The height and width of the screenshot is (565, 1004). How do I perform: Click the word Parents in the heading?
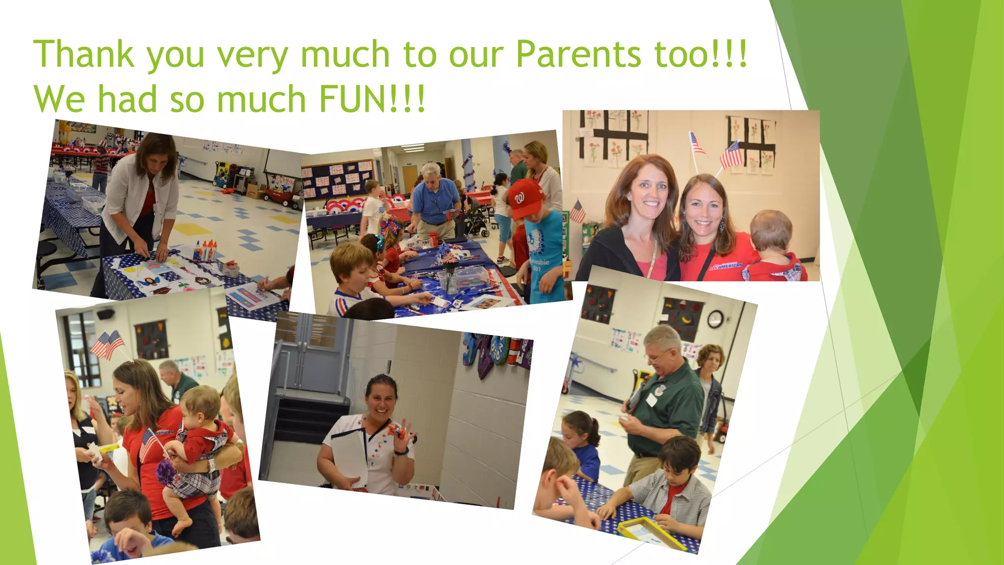point(578,54)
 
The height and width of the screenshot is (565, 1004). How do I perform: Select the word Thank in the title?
point(83,54)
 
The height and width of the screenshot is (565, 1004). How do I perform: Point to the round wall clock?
point(715,319)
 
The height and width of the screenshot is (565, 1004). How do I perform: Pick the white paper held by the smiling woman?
point(349,456)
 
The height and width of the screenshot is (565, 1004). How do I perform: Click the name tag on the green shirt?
point(651,400)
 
